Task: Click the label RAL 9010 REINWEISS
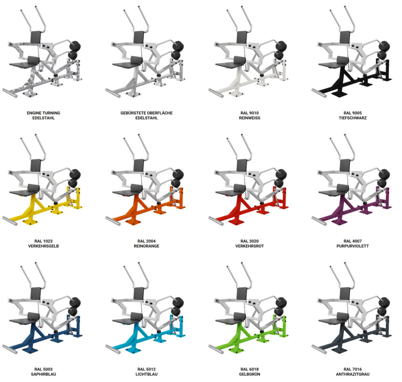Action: (x=249, y=115)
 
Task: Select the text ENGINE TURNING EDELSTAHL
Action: (x=43, y=115)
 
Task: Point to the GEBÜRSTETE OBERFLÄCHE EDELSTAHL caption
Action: (x=146, y=115)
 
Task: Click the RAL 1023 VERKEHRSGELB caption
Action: (x=43, y=244)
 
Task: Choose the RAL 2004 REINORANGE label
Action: (x=146, y=244)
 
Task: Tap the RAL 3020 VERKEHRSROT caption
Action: (x=249, y=244)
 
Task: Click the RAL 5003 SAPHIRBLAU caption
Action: (x=43, y=371)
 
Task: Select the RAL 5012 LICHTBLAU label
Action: (x=146, y=371)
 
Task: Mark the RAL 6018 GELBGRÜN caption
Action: (x=249, y=371)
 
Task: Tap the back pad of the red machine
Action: (x=243, y=165)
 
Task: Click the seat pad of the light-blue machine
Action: (x=126, y=320)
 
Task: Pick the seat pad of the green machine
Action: (x=229, y=320)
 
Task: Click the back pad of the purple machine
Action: (x=345, y=165)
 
